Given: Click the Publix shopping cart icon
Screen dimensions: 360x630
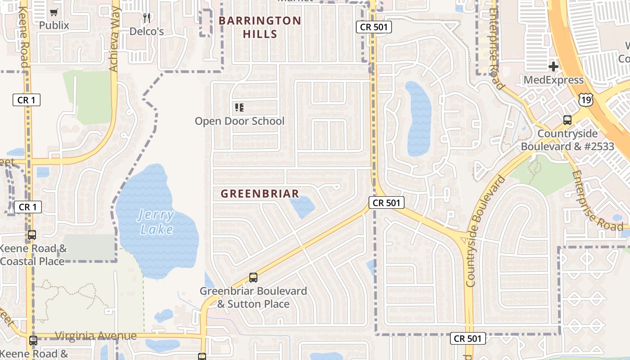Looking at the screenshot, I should tap(54, 13).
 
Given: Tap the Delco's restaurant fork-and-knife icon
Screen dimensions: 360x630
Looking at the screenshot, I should tap(146, 18).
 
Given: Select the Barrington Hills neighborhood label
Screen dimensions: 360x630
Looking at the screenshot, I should tap(260, 27).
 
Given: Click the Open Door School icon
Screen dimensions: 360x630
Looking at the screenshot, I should tap(239, 108).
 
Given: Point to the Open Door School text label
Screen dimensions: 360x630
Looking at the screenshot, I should tap(239, 121).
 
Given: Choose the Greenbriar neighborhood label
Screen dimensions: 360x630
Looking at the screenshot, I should tap(260, 194).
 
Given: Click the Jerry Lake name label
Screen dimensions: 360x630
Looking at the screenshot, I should tap(156, 222).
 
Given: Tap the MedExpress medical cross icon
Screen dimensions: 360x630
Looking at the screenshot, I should tap(553, 67).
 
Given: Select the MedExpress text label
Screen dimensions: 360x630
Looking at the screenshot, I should tap(553, 80).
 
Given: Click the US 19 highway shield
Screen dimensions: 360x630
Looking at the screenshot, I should tap(586, 99).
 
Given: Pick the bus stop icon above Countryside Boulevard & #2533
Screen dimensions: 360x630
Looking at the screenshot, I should tap(567, 120).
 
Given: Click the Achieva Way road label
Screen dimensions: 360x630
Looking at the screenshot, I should tap(114, 40).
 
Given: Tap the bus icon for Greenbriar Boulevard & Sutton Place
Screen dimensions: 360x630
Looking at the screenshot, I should tap(253, 278).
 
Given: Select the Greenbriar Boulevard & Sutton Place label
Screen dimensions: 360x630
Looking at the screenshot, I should tap(253, 297).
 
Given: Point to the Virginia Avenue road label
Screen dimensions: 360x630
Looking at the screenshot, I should tap(95, 336).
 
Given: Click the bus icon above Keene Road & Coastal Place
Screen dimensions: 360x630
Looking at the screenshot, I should tap(32, 234).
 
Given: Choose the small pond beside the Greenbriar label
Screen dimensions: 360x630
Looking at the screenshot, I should tap(302, 206).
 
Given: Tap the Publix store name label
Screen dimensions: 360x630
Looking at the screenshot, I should tap(54, 25).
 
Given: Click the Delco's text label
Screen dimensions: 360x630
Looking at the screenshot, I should tap(146, 31).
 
